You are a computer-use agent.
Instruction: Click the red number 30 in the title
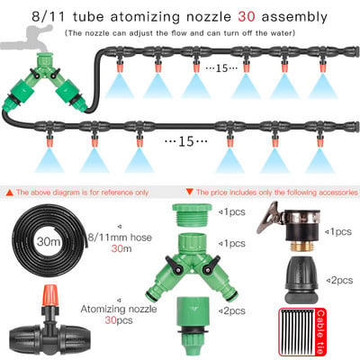pyautogui.click(x=247, y=17)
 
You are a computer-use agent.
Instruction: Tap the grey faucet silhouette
pyautogui.click(x=28, y=40)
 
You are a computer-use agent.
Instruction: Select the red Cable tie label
pyautogui.click(x=320, y=332)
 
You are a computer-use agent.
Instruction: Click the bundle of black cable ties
pyautogui.click(x=298, y=332)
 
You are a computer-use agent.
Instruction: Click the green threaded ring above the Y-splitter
pyautogui.click(x=192, y=215)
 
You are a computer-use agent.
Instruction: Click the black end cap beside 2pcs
pyautogui.click(x=301, y=280)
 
